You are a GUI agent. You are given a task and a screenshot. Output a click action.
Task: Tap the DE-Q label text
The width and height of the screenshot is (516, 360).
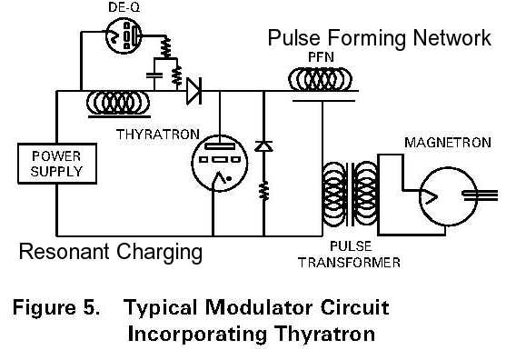(124, 7)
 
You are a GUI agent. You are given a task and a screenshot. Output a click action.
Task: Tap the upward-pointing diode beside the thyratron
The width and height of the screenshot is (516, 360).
(263, 145)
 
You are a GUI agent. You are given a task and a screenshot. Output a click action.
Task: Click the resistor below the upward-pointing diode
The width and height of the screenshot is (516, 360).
(263, 190)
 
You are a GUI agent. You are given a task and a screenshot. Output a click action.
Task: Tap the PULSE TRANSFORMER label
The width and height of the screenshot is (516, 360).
(362, 254)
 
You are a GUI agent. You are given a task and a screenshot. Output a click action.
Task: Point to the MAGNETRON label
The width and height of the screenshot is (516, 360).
(447, 143)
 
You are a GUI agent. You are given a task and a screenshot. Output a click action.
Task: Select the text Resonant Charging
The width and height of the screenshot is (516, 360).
(110, 252)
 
